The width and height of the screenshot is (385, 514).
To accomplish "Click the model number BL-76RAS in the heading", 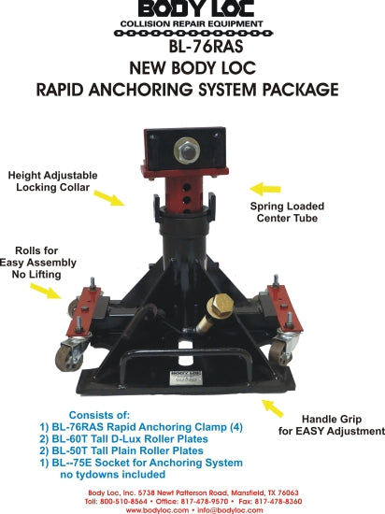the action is coord(206,46).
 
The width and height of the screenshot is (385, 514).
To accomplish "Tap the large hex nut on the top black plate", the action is coord(187,150).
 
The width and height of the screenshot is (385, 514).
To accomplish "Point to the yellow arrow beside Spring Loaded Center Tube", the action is coord(265,189).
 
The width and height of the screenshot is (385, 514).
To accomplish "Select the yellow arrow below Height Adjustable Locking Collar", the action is coord(109,198).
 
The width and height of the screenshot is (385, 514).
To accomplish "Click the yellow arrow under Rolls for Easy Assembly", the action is coord(46,291).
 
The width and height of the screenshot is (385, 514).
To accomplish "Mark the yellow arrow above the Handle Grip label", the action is coord(273,408).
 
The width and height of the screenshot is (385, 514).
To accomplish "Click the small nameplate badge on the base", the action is coord(186,378).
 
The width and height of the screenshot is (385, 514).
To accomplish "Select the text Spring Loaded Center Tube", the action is coord(287,212).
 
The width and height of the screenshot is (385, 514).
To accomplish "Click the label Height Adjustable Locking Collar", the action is coord(52,181).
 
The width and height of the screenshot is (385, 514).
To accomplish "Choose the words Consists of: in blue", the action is coord(99,415).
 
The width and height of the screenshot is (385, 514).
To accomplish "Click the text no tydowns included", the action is coord(113,475).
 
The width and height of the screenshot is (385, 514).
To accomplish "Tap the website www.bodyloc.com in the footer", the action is coord(157,510).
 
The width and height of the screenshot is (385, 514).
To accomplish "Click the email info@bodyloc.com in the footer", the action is coord(230,510).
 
